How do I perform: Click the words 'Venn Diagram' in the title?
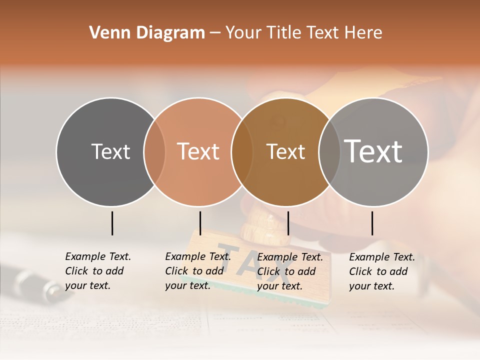pyautogui.click(x=147, y=33)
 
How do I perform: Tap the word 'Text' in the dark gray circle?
pyautogui.click(x=110, y=151)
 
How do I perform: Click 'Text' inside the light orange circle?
pyautogui.click(x=198, y=151)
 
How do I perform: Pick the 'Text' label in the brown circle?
pyautogui.click(x=285, y=151)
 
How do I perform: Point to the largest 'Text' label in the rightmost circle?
pyautogui.click(x=373, y=151)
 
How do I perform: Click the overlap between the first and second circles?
pyautogui.click(x=154, y=152)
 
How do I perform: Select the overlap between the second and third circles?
pyautogui.click(x=242, y=152)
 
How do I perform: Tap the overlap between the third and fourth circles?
pyautogui.click(x=328, y=152)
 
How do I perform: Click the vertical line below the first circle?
pyautogui.click(x=112, y=223)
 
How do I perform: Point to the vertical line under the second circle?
pyautogui.click(x=200, y=223)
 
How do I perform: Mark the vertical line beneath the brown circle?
pyautogui.click(x=288, y=223)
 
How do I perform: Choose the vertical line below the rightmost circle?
pyautogui.click(x=372, y=223)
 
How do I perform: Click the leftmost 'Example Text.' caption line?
pyautogui.click(x=98, y=256)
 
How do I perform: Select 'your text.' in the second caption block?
pyautogui.click(x=188, y=285)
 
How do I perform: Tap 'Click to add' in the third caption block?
pyautogui.click(x=286, y=271)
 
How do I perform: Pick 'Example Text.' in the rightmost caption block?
pyautogui.click(x=382, y=257)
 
